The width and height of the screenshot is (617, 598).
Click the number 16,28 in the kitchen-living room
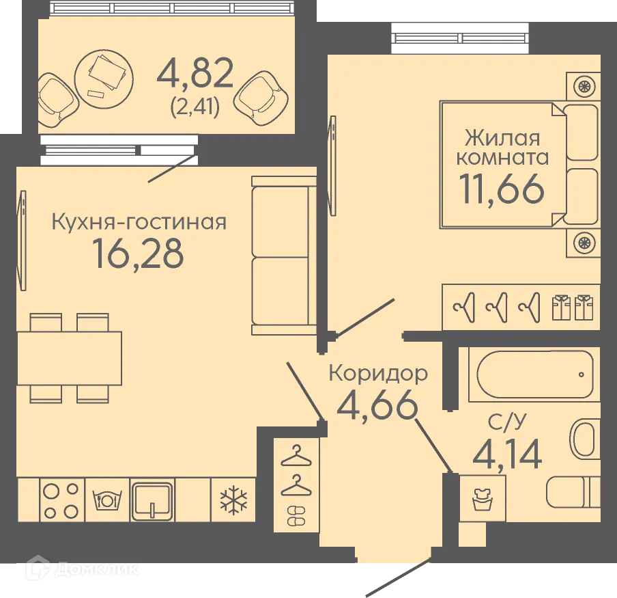[139, 254]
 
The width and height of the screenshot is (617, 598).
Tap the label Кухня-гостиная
[139, 221]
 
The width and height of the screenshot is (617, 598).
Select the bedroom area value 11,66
[502, 189]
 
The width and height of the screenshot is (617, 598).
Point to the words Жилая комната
[502, 148]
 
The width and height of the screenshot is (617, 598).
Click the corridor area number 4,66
[377, 406]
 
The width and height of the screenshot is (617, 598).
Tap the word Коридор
[378, 373]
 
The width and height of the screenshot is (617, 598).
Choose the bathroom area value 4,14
[507, 454]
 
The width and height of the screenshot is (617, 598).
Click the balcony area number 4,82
[195, 74]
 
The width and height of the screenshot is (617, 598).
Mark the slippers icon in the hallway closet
[296, 517]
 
